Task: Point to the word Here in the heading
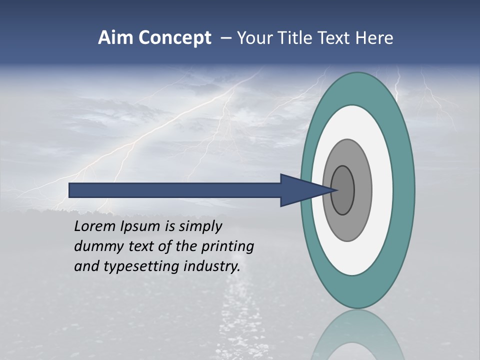point(375,38)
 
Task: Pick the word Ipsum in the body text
point(140,226)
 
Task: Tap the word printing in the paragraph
point(227,246)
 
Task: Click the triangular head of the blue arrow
point(300,190)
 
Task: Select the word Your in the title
point(253,38)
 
